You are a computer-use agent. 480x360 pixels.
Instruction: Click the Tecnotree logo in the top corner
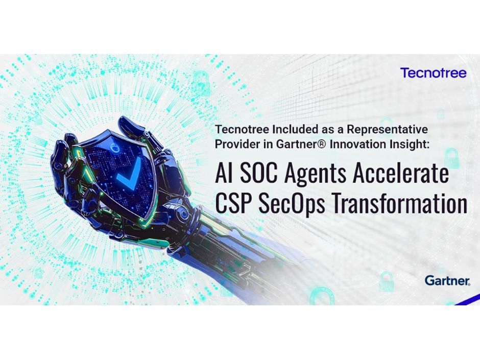(433, 73)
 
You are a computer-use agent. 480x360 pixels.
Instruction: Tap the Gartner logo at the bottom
(447, 281)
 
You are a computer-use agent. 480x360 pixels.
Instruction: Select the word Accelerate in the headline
(400, 174)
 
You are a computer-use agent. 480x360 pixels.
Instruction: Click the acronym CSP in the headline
(234, 203)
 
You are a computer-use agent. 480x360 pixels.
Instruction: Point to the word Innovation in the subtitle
(354, 144)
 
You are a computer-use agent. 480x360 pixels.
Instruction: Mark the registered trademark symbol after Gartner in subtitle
(322, 143)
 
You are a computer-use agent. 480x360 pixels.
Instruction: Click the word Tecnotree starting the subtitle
(239, 130)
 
